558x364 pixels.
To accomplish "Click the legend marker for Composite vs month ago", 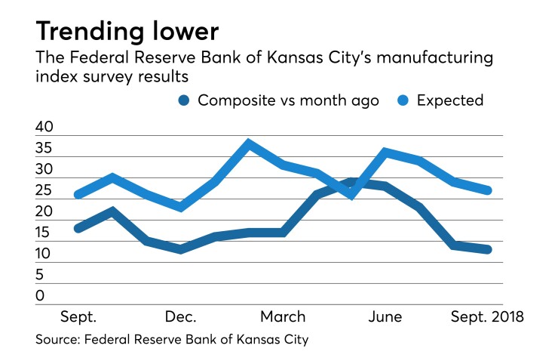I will [x=183, y=100].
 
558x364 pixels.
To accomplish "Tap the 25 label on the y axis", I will [x=44, y=191].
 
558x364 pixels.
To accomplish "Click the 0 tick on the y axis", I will [x=40, y=296].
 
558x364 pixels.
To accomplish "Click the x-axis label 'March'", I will [x=284, y=315].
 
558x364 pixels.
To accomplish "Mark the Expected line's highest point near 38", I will [x=249, y=143].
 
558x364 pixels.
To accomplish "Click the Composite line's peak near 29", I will [x=352, y=181].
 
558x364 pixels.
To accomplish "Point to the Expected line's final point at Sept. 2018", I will [x=488, y=190].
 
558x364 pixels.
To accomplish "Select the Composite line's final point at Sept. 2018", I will [x=488, y=249].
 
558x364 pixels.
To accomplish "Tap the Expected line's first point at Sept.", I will [x=78, y=195].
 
